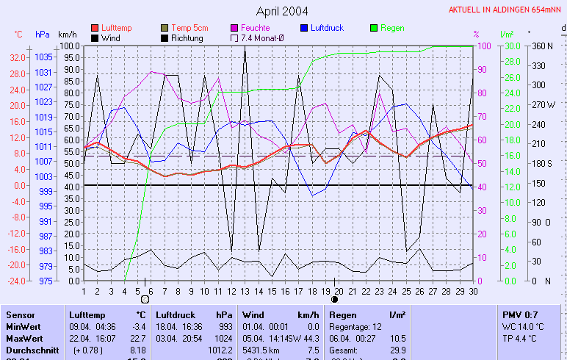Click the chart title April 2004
tap(282, 11)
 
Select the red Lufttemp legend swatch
tap(95, 28)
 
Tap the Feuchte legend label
tap(256, 28)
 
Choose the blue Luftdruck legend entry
tap(326, 28)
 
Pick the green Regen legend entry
tap(392, 28)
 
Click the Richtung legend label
tap(187, 38)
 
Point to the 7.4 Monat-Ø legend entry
tap(257, 38)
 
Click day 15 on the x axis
tap(272, 291)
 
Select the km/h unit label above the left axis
tap(68, 35)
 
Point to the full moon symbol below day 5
tap(145, 300)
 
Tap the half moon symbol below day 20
tap(336, 300)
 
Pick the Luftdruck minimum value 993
tap(224, 326)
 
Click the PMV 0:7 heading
tap(520, 314)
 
